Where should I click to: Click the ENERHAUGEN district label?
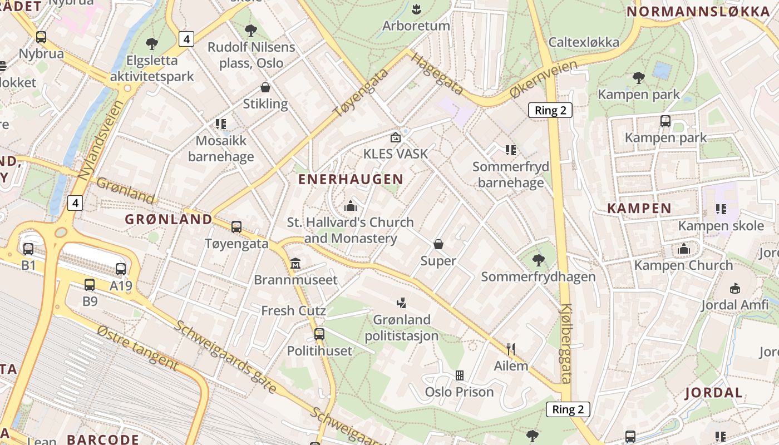click(351, 179)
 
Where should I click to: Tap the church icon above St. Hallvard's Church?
click(351, 206)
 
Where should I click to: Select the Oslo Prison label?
click(459, 392)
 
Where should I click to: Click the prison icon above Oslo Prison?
click(460, 375)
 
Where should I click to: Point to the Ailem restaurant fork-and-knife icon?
click(511, 349)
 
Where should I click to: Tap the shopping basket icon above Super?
click(438, 244)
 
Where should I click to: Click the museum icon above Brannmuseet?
click(295, 263)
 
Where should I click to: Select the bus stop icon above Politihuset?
click(319, 334)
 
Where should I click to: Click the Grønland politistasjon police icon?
click(402, 303)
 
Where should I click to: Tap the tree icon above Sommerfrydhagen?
click(538, 260)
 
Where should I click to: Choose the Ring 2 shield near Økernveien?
click(550, 110)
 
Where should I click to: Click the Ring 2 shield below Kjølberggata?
click(568, 409)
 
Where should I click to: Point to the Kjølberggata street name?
click(566, 344)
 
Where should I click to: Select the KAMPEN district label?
click(639, 209)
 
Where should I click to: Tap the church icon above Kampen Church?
click(684, 249)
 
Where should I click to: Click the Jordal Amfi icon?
click(735, 288)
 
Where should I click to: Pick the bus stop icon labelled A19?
click(121, 269)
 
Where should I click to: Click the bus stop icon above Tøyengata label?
click(236, 227)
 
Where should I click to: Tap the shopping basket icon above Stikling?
click(266, 87)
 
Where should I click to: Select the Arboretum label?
click(416, 26)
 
